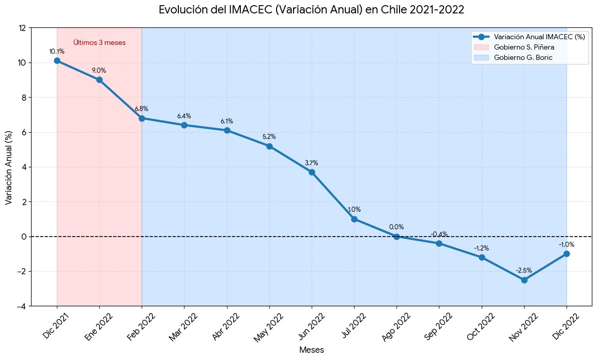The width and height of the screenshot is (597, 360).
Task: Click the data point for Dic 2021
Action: tap(57, 60)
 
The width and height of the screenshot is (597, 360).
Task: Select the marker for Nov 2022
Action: tap(524, 280)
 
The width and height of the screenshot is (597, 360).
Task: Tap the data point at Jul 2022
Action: tap(354, 219)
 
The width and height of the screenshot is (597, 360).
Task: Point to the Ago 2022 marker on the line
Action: tap(397, 237)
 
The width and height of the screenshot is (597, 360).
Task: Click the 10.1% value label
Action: tap(57, 51)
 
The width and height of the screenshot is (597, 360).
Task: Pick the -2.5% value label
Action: tap(524, 271)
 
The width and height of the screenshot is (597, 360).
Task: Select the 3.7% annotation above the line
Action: tap(312, 163)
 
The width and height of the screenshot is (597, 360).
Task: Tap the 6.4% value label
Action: tap(185, 116)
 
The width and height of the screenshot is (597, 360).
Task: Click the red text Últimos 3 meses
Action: tap(99, 43)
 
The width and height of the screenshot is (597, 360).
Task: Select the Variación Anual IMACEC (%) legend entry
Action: tap(529, 37)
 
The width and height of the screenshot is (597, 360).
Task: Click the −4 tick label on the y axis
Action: tap(21, 306)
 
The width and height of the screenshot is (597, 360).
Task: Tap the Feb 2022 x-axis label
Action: tap(142, 326)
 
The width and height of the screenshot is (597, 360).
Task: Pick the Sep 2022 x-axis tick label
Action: tap(438, 326)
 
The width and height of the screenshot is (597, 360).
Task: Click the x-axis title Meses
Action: tap(312, 350)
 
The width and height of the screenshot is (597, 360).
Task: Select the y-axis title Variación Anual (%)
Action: tap(8, 167)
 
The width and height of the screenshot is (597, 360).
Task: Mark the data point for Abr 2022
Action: tap(227, 130)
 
